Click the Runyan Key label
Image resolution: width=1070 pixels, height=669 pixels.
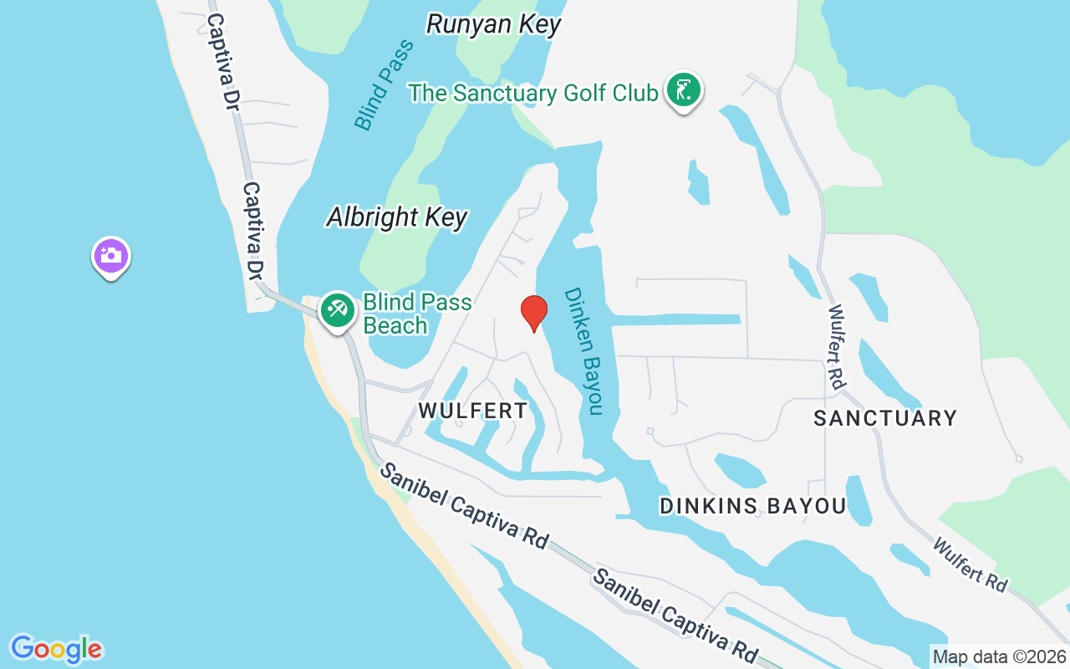tap(493, 24)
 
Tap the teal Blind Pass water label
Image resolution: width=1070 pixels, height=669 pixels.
tap(384, 85)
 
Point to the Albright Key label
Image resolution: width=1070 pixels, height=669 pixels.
tap(397, 218)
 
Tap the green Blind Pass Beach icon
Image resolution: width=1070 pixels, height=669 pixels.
tap(338, 311)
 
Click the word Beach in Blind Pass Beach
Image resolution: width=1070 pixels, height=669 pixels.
tap(395, 325)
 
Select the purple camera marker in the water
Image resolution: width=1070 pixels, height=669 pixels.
tap(110, 257)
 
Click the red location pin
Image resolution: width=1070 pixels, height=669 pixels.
tap(533, 313)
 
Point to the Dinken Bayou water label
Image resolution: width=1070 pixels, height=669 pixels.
tap(583, 351)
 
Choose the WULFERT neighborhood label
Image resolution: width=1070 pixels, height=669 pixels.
tap(473, 411)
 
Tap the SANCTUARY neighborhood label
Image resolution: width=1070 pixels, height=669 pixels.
tap(885, 418)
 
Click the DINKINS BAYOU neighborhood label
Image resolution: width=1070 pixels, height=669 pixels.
tap(752, 506)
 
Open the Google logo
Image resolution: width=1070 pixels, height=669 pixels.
tap(56, 649)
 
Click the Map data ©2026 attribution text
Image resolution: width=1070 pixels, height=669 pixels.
tap(1000, 657)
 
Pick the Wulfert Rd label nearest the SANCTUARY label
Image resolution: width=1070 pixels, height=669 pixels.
tap(836, 345)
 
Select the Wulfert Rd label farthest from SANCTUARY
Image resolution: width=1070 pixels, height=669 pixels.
tap(970, 565)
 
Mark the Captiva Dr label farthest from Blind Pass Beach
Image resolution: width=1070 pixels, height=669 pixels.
tap(220, 63)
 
